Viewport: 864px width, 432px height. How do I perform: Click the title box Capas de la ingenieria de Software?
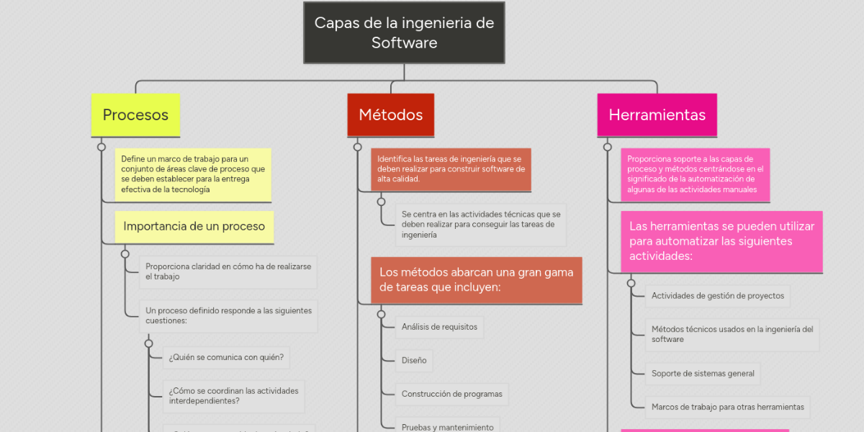point(404,32)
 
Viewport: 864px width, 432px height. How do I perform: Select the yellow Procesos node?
point(135,115)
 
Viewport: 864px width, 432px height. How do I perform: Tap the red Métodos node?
point(390,115)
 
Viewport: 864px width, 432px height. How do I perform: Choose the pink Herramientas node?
point(657,115)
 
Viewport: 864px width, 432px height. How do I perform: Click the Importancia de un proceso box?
point(194,226)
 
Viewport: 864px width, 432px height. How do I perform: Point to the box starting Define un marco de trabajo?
point(193,174)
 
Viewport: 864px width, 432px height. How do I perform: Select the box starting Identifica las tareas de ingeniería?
point(451,169)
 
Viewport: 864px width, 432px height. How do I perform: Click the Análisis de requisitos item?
point(439,327)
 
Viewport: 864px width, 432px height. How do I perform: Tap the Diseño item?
point(414,360)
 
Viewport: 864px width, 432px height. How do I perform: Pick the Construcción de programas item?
point(452,394)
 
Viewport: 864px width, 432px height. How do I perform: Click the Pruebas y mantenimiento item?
point(447,426)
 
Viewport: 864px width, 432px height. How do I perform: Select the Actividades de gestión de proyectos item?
point(717,296)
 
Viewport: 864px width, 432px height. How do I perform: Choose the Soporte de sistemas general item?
point(703,374)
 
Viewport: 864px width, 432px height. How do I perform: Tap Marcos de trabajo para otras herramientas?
point(727,407)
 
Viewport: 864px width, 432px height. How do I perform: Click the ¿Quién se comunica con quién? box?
point(226,357)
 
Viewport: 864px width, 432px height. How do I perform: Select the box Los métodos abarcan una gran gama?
point(476,280)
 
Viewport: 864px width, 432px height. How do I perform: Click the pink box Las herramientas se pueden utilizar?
point(721,241)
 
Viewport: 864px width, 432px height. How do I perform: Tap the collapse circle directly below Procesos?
point(102,147)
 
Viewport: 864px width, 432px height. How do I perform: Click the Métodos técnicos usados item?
point(732,334)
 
